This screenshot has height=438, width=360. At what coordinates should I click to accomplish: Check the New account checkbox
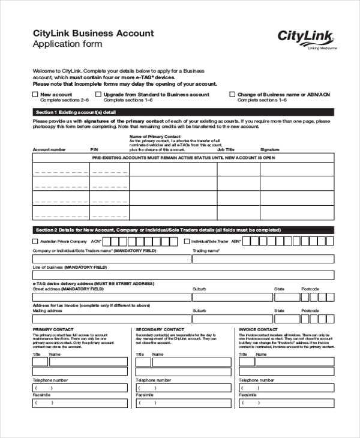tap(34, 95)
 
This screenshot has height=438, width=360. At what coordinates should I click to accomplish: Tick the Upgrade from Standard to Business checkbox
tap(98, 95)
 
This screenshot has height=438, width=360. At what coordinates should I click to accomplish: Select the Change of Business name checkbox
tap(232, 95)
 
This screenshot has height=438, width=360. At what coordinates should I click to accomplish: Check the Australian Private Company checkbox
tap(34, 241)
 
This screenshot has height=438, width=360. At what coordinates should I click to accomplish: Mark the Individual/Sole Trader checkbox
tap(187, 241)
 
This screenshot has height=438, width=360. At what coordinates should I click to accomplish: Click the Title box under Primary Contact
tap(40, 362)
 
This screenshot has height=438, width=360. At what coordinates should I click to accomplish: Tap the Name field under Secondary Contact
tap(191, 362)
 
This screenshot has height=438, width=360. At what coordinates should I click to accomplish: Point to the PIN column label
tap(94, 149)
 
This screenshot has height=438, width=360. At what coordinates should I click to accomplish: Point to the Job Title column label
tap(226, 149)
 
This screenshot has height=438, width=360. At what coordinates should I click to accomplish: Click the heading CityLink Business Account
tap(92, 34)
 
